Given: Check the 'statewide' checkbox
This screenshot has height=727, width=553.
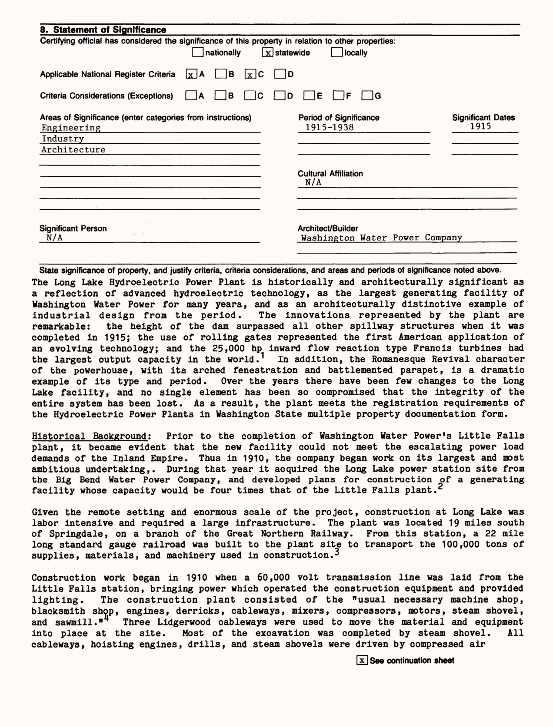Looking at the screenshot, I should (268, 53).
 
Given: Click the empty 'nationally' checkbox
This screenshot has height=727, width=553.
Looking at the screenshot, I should (198, 53).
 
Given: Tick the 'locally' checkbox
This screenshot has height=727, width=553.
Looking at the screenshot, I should (337, 53).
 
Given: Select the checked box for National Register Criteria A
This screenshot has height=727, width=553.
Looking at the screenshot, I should (191, 74).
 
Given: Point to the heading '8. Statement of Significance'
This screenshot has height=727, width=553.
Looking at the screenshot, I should (103, 30).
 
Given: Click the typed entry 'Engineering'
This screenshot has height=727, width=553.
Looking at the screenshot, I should (71, 128).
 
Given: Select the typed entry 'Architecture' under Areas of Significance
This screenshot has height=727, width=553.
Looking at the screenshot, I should (73, 149).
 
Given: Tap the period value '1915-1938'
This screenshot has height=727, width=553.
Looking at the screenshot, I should (330, 127).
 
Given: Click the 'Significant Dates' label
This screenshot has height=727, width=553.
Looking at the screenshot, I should (483, 117).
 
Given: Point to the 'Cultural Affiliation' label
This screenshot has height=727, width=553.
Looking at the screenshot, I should (330, 173).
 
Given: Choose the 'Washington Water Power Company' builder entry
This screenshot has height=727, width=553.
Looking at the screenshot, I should (381, 238).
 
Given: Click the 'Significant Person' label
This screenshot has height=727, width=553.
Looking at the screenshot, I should (73, 228).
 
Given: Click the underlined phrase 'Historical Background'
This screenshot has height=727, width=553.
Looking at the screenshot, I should (90, 436).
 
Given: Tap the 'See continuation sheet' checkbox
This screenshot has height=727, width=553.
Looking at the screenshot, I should (362, 661).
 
